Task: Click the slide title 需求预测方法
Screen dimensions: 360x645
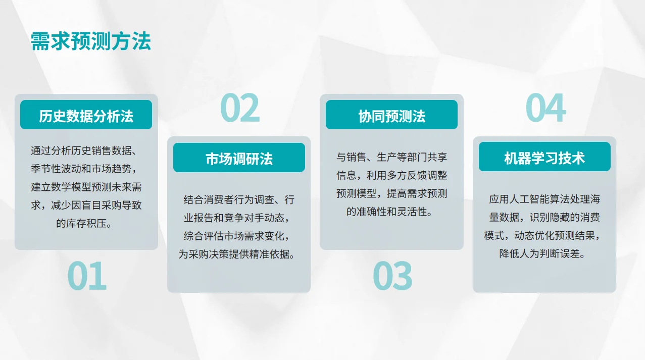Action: point(91,41)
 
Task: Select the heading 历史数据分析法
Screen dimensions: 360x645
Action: point(86,116)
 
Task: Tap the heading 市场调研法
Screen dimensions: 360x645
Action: point(239,159)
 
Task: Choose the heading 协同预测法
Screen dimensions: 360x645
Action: point(391,116)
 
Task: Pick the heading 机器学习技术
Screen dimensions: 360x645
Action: point(544,158)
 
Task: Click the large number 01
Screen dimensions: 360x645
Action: point(87,276)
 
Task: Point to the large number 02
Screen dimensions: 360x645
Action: point(239,109)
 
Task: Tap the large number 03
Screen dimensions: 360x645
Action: point(392,276)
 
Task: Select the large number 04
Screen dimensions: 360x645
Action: point(545,109)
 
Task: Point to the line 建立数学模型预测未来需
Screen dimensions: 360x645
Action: point(86,187)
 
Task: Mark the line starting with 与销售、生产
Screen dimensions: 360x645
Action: point(392,157)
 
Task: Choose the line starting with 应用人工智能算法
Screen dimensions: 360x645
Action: point(544,199)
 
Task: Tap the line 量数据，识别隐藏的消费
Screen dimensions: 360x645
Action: point(544,218)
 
